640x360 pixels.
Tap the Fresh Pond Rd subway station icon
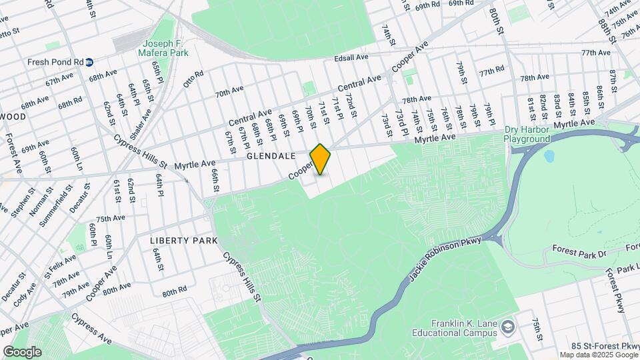(x=89, y=62)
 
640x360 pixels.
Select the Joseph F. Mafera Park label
(x=163, y=48)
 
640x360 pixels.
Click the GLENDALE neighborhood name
(x=270, y=155)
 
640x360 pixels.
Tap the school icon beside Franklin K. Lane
(x=509, y=326)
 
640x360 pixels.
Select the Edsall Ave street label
(x=352, y=57)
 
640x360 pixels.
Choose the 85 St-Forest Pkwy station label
(x=605, y=345)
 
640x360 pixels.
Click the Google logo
(x=22, y=351)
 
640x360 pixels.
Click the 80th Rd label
(x=174, y=291)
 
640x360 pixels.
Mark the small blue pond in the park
(x=549, y=157)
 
